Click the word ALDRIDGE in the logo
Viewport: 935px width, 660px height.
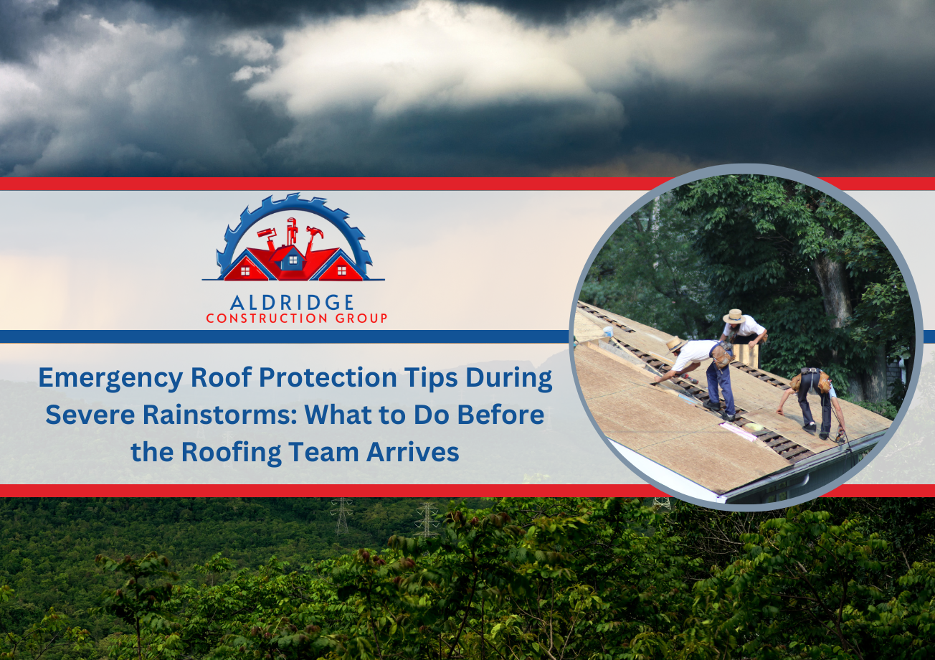pyautogui.click(x=291, y=303)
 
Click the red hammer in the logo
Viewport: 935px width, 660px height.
pyautogui.click(x=313, y=238)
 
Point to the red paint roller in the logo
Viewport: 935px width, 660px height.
pyautogui.click(x=267, y=239)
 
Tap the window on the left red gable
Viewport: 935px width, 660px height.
pyautogui.click(x=245, y=271)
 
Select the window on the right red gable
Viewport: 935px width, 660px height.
pyautogui.click(x=341, y=271)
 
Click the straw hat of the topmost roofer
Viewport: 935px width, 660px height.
pyautogui.click(x=734, y=316)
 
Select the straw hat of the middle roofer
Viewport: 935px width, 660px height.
pyautogui.click(x=675, y=344)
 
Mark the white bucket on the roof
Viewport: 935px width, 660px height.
pyautogui.click(x=608, y=331)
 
